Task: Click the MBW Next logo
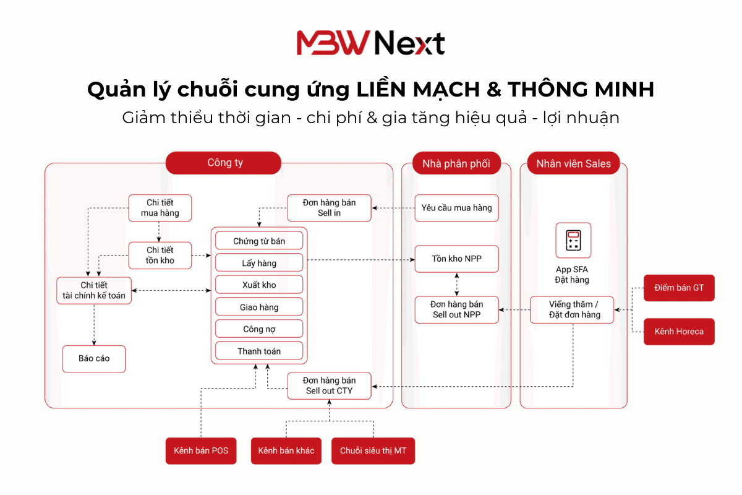coord(370,43)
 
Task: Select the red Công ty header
coord(223,163)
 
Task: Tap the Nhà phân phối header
coord(456,164)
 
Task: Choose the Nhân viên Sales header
coord(573,164)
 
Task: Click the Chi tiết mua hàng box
coord(160,208)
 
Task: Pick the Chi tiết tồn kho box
coord(160,255)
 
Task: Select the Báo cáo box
coord(94,358)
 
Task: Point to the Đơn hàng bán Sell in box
coord(330,208)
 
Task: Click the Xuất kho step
coord(259,285)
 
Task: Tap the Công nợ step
coord(259,329)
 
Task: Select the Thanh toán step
coord(259,351)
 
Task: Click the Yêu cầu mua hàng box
coord(456,208)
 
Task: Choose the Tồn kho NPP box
coord(456,259)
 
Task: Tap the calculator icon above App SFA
coord(573,241)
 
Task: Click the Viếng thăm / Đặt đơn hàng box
coord(573,309)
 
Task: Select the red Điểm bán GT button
coord(679,288)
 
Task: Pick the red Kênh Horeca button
coord(679,331)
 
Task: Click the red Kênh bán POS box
coord(202,450)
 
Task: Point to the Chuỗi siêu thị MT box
coord(373,450)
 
